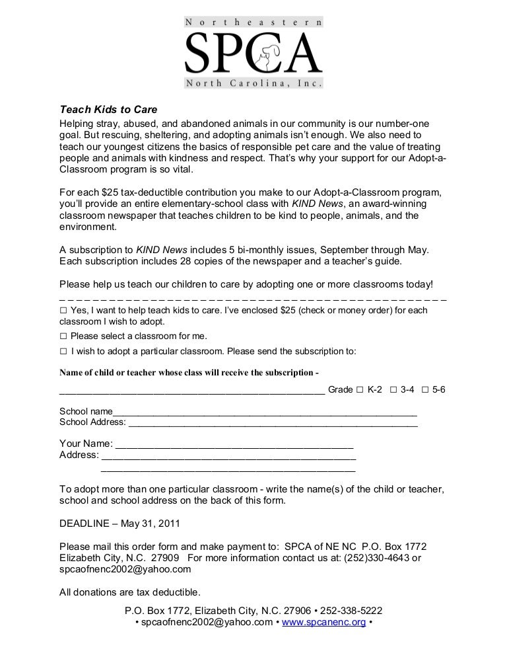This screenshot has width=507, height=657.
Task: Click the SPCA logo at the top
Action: (x=253, y=54)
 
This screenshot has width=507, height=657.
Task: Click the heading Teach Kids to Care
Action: (x=109, y=110)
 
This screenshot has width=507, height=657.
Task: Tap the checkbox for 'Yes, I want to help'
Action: (x=63, y=310)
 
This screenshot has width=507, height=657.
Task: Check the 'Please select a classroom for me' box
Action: (x=63, y=336)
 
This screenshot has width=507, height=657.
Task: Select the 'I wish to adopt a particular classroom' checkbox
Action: (x=63, y=351)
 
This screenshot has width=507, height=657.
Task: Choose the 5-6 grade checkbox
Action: (x=425, y=390)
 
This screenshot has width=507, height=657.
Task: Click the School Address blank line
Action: (x=273, y=422)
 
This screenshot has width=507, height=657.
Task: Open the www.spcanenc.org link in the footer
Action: (x=323, y=623)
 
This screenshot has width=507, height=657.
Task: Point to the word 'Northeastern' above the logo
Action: (x=253, y=22)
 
